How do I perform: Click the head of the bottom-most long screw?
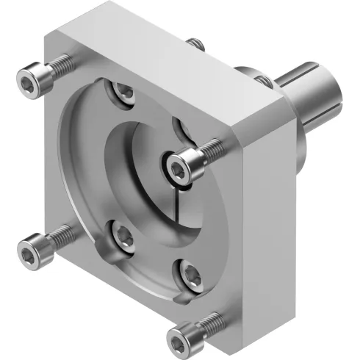pyautogui.click(x=179, y=337)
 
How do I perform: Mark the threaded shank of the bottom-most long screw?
pyautogui.click(x=209, y=321)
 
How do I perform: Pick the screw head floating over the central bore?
pyautogui.click(x=179, y=168)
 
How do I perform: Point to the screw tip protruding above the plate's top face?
pyautogui.click(x=195, y=43)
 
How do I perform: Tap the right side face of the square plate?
pyautogui.click(x=264, y=220)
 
